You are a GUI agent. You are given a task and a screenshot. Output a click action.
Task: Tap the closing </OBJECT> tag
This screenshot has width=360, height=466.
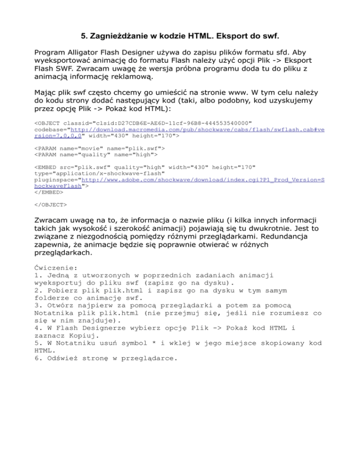[x=51, y=204]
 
